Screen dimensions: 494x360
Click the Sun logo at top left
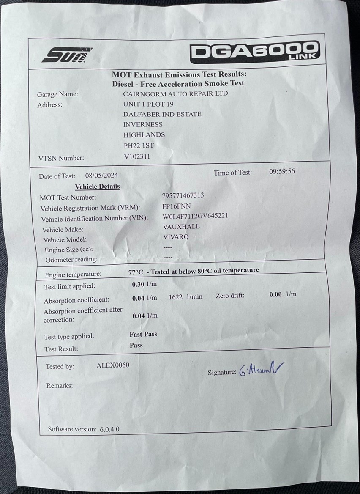pos(67,55)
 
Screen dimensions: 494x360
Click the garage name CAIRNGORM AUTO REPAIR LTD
pos(175,93)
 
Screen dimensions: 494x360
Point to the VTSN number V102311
pos(137,156)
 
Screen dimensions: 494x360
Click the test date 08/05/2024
pos(101,176)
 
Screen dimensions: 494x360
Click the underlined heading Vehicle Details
pos(97,187)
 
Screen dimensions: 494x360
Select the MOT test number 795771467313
pos(183,196)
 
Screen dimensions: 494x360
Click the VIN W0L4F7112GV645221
pos(195,216)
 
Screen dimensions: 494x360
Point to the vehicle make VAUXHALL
pos(181,227)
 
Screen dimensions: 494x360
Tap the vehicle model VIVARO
pos(176,237)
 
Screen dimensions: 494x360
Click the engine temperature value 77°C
pos(136,272)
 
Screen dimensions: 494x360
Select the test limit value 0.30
pos(139,285)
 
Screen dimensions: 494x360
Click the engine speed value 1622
pos(175,297)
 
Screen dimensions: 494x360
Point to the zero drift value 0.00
pos(275,294)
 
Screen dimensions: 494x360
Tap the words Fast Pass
pos(143,334)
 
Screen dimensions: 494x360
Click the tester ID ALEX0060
pos(113,365)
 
